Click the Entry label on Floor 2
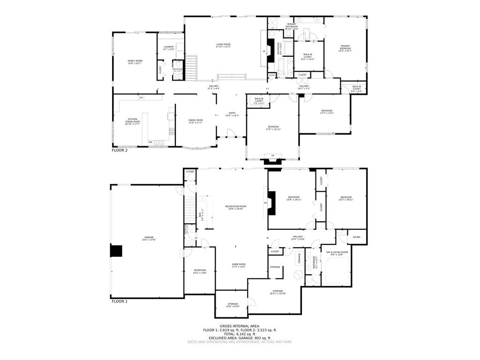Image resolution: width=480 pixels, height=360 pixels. (232, 114)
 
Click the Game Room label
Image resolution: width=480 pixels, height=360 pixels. (239, 265)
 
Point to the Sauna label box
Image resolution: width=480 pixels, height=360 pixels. (357, 237)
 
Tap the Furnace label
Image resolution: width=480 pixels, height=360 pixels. (298, 259)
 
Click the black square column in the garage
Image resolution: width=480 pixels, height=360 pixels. (116, 251)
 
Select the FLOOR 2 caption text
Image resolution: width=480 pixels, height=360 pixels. (120, 150)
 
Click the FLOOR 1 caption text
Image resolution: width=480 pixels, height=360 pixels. (120, 301)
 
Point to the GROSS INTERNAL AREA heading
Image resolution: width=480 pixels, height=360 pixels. (240, 326)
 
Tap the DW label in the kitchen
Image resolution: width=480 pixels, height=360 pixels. (150, 142)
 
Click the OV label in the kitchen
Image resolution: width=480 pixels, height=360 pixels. (141, 97)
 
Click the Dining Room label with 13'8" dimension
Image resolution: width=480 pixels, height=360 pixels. (195, 121)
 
